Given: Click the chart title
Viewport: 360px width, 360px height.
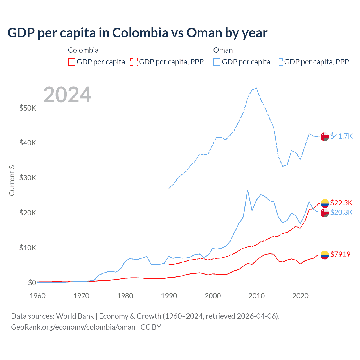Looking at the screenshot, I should click(x=137, y=33).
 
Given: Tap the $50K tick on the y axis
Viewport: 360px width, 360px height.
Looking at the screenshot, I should click(x=28, y=108).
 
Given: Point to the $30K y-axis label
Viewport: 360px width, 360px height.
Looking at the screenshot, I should click(x=28, y=178).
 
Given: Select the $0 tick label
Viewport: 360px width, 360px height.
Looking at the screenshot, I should click(x=32, y=283).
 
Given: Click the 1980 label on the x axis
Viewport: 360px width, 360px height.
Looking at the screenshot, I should click(x=125, y=296).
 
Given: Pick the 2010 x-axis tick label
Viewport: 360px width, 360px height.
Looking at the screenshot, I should click(x=256, y=296).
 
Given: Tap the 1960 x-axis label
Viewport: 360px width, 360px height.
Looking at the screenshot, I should click(x=38, y=296).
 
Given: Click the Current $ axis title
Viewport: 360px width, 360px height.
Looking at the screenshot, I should click(x=12, y=181).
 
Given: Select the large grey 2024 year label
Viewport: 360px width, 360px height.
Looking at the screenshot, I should click(x=67, y=95).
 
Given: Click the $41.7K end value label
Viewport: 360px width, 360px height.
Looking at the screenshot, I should click(x=341, y=136).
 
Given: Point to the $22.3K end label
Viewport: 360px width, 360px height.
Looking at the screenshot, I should click(x=341, y=203).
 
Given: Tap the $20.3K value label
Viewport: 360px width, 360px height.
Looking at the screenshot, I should click(x=341, y=212).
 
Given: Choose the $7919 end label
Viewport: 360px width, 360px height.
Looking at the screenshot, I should click(x=340, y=254).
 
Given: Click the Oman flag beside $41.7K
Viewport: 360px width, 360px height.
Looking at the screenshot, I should click(x=325, y=136).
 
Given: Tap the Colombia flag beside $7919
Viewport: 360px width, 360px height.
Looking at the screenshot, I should click(x=325, y=255).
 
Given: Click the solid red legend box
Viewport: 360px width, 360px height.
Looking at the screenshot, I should click(x=72, y=62).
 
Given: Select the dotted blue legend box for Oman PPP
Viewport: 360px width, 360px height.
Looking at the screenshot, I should click(x=279, y=62).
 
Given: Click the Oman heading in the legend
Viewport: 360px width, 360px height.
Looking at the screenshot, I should click(x=223, y=50).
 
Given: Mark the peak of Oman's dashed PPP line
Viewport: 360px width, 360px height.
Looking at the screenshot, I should click(x=256, y=88).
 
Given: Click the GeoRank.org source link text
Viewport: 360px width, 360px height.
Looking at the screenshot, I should click(x=73, y=327).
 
